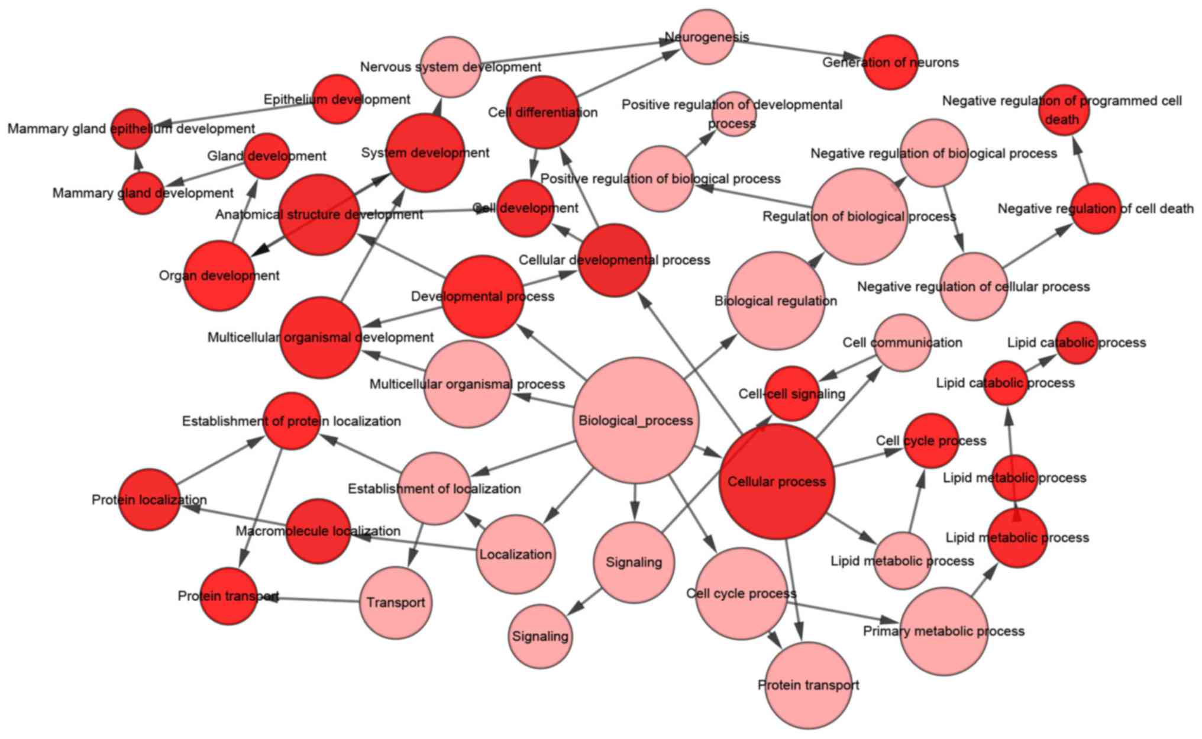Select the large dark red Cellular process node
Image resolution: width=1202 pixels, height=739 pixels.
click(777, 481)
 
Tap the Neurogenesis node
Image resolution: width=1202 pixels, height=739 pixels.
click(707, 37)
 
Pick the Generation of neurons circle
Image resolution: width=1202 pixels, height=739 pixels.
click(890, 62)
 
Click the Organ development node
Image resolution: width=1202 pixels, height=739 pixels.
click(219, 275)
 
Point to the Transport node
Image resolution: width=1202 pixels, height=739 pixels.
click(396, 602)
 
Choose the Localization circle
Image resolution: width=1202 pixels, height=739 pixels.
click(516, 554)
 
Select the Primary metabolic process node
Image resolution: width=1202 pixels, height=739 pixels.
click(943, 631)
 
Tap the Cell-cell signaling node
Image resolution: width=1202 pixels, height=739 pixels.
click(792, 393)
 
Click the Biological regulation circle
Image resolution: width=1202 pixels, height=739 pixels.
click(776, 301)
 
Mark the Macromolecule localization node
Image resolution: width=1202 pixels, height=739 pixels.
click(318, 531)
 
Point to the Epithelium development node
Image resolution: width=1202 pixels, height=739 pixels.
click(337, 99)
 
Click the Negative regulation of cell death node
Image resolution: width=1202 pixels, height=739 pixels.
click(1096, 208)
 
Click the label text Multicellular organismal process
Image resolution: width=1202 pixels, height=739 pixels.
click(467, 385)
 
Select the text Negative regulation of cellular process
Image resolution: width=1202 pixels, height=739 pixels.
click(973, 287)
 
